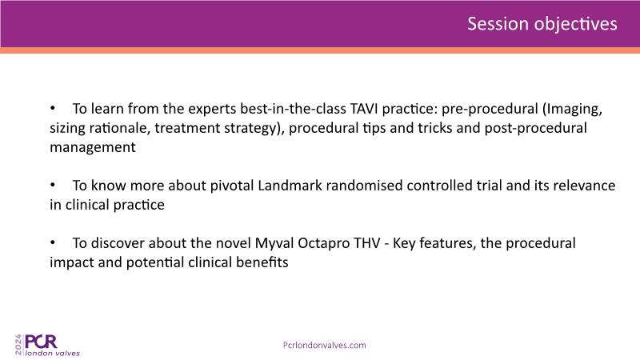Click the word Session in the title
pyautogui.click(x=498, y=24)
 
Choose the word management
pyautogui.click(x=93, y=147)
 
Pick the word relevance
pyautogui.click(x=584, y=186)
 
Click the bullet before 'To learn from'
pyautogui.click(x=53, y=108)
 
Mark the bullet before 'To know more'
pyautogui.click(x=53, y=185)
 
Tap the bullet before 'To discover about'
pyautogui.click(x=53, y=242)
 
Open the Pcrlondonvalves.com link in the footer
pyautogui.click(x=325, y=346)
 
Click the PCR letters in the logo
pyautogui.click(x=41, y=342)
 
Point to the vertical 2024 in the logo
pyautogui.click(x=18, y=345)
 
